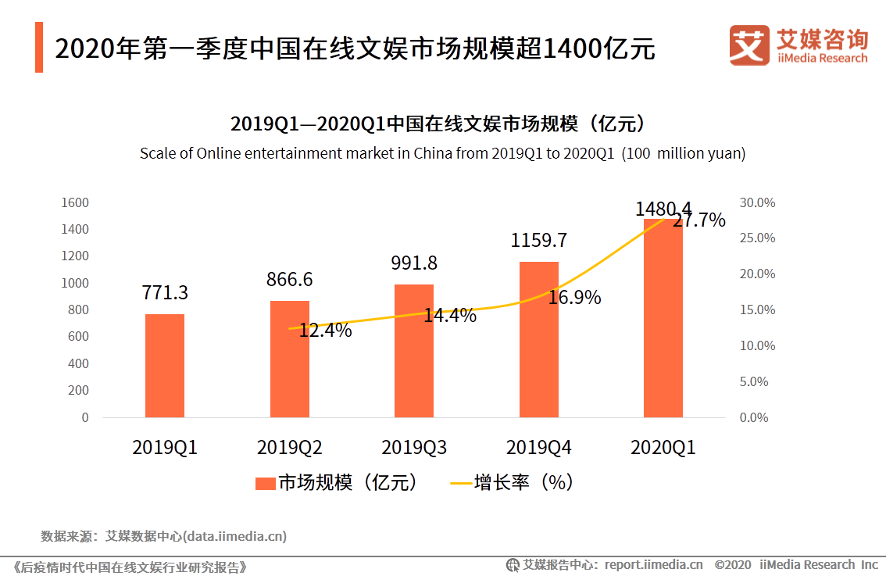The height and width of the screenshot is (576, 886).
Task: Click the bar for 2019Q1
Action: click(x=164, y=366)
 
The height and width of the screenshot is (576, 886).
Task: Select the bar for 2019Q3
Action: click(x=413, y=351)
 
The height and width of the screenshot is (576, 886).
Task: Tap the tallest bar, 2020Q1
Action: click(x=663, y=318)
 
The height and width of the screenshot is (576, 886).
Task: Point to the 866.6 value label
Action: click(x=289, y=279)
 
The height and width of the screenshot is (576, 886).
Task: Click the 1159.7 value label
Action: click(x=538, y=240)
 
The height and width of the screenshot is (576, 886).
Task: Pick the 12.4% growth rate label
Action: click(x=325, y=330)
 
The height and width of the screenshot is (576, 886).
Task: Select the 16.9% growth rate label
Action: click(x=574, y=297)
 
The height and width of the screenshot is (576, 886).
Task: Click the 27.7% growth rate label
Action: click(x=699, y=220)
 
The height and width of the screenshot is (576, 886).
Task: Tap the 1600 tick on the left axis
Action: click(x=75, y=202)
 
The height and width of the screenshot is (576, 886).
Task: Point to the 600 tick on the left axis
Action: click(x=78, y=336)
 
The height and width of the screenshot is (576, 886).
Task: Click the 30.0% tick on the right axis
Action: click(x=757, y=202)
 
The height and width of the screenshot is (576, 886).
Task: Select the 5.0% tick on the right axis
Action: click(x=754, y=381)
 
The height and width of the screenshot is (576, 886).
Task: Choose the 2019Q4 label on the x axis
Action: click(x=538, y=447)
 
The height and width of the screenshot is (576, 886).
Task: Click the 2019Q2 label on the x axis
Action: click(x=289, y=447)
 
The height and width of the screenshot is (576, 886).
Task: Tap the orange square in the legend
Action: click(x=266, y=483)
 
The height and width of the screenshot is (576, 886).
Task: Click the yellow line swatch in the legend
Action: click(x=461, y=483)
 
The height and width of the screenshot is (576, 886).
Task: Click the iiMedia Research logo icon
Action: click(x=749, y=45)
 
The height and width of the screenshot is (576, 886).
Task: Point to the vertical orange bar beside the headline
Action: click(x=39, y=48)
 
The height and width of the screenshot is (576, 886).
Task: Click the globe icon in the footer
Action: click(x=513, y=565)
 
